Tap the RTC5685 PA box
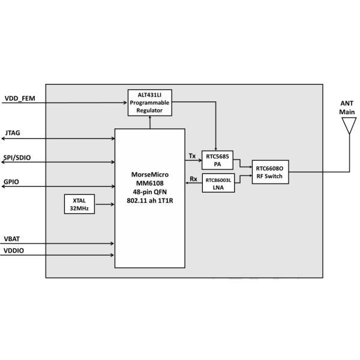click(218, 159)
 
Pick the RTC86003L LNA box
click(218, 183)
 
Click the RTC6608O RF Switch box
click(271, 172)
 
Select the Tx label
click(192, 156)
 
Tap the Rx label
click(193, 178)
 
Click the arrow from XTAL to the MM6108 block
click(104, 204)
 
